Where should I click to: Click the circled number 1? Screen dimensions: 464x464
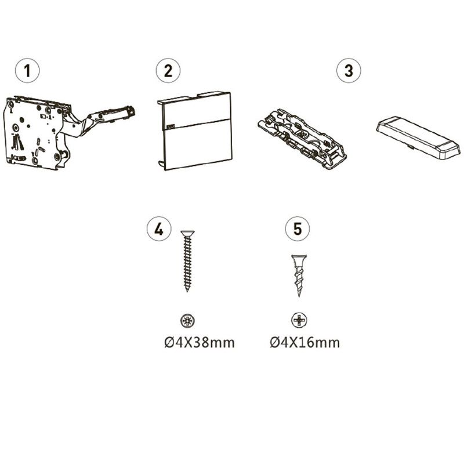27,71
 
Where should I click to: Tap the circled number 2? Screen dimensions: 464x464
168,71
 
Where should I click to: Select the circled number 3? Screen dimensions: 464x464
349,71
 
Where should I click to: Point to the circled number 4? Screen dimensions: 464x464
159,229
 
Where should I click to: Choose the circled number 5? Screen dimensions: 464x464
298,229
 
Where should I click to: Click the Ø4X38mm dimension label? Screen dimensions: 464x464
200,343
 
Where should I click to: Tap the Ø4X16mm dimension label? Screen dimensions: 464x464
305,343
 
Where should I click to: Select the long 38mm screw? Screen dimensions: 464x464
187,261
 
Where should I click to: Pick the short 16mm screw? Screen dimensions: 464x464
299,275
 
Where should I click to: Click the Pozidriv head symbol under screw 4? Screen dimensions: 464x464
187,321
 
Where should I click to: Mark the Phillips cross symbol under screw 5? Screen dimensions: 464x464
299,320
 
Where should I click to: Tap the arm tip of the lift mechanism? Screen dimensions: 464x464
130,111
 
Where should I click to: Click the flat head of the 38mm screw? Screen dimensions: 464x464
187,233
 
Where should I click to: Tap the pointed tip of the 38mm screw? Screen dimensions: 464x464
187,291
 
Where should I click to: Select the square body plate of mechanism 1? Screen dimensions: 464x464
34,133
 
